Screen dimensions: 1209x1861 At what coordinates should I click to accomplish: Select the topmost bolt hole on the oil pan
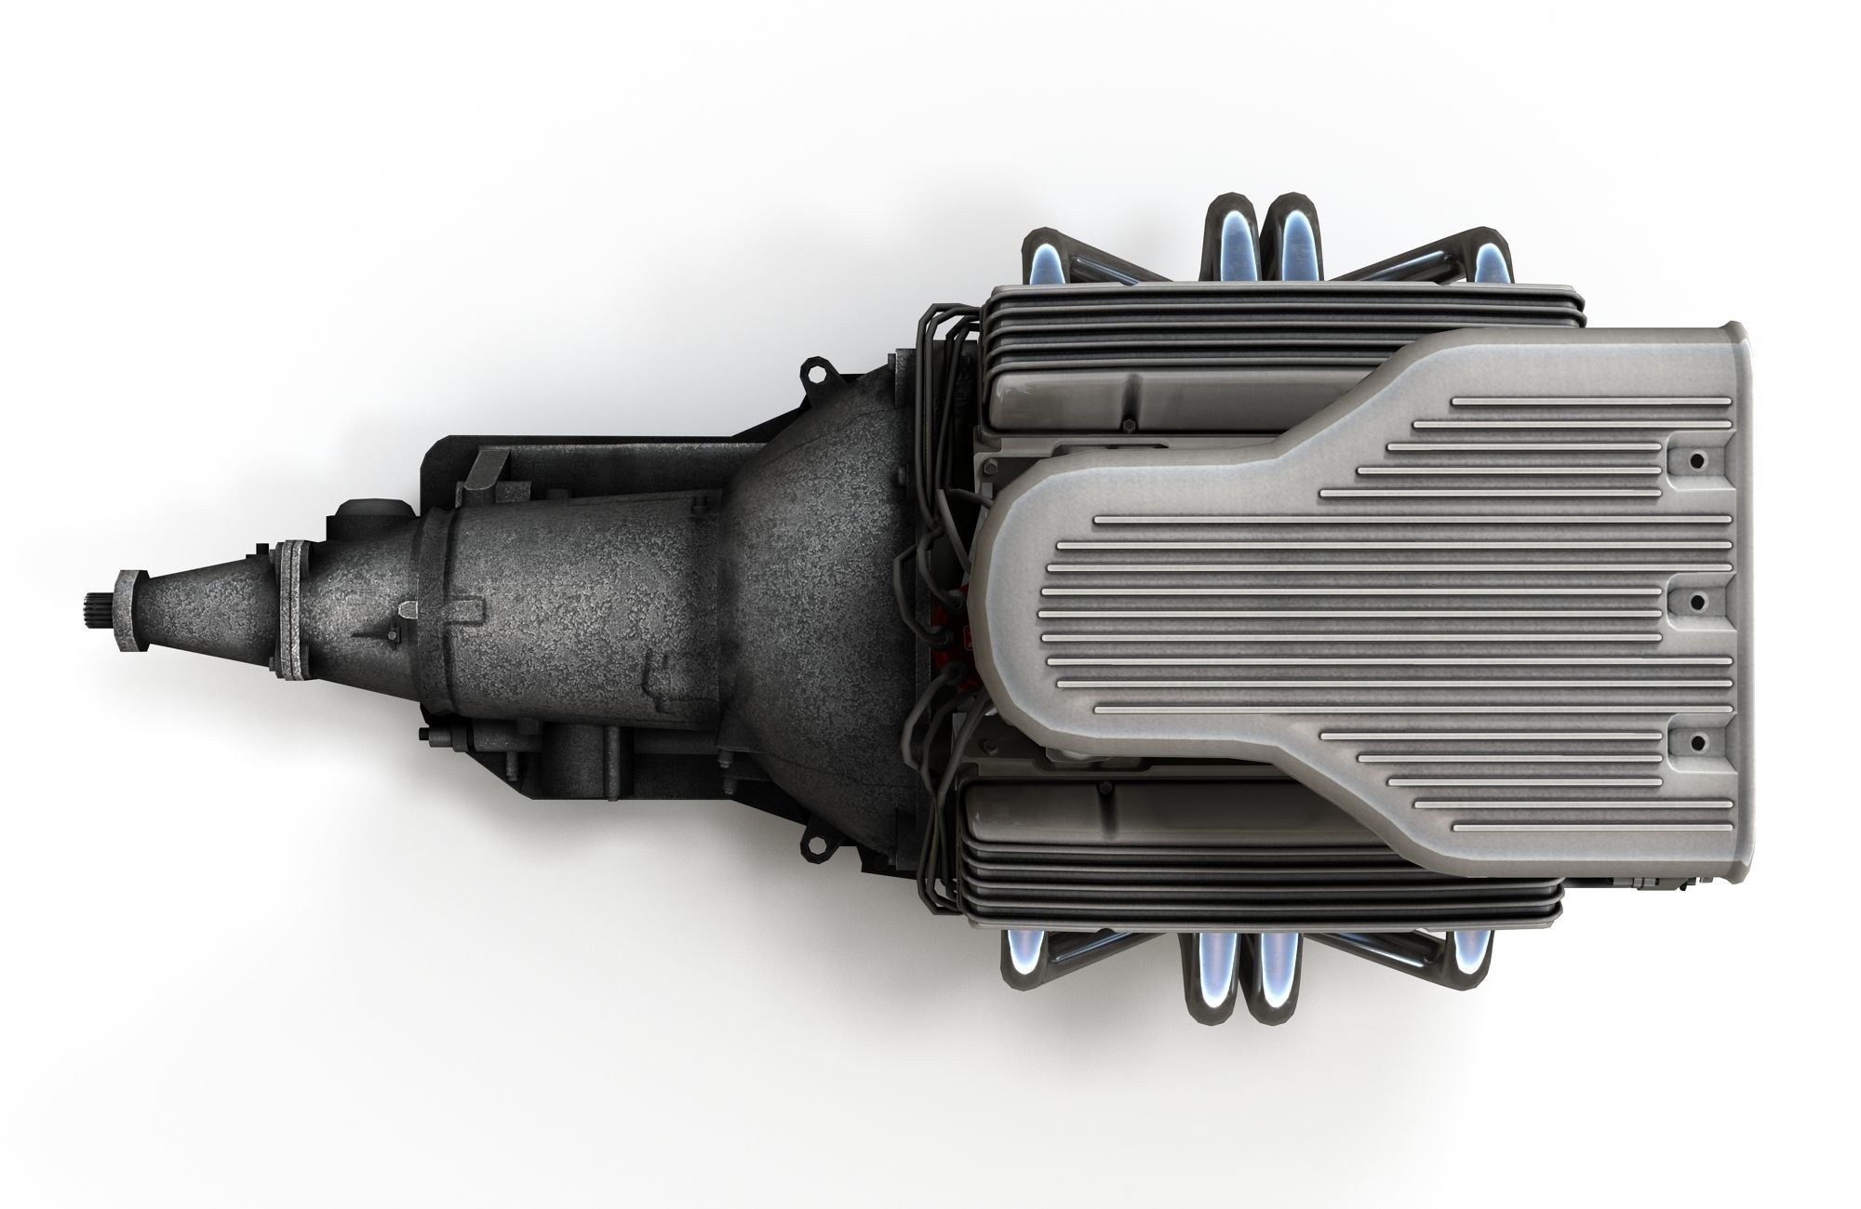pos(1697,461)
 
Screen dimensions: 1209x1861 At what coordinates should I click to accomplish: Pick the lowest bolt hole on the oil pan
pos(1697,741)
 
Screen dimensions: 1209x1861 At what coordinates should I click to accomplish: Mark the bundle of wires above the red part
pos(935,539)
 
